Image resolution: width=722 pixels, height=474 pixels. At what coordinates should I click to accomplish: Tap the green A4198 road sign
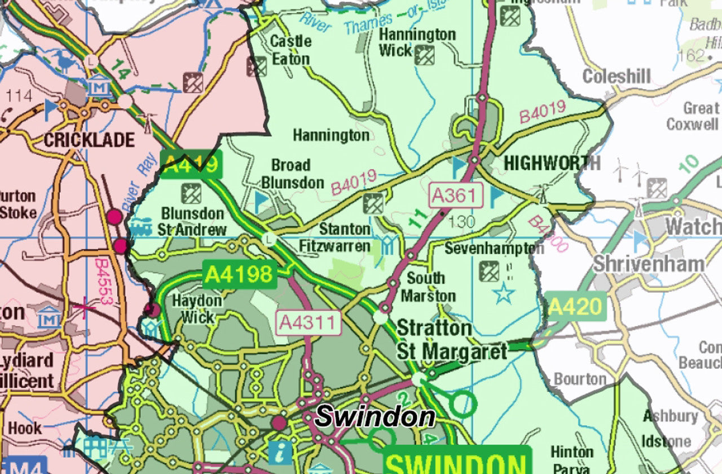240,274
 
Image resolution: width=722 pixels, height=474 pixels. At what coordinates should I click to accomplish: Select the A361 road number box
456,196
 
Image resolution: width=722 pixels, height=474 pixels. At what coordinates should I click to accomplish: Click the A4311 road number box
309,323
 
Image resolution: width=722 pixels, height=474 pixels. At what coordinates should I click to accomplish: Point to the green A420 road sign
576,307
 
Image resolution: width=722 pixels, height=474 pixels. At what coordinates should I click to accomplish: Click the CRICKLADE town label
89,140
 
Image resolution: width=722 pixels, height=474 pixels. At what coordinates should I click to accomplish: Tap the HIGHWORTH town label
552,163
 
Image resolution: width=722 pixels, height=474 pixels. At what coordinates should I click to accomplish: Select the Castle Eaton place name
290,50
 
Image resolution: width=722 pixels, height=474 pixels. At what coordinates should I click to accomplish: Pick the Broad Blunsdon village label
292,174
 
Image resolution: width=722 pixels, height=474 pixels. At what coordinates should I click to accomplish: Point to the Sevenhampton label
494,248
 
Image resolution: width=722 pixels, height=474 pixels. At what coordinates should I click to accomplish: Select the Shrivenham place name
648,264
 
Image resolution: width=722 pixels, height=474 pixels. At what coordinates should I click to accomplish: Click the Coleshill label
617,77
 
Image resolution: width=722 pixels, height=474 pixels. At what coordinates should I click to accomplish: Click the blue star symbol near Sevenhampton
504,294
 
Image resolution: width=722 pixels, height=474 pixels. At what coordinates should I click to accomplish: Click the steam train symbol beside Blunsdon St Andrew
140,227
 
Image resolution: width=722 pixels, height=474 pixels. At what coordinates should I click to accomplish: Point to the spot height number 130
462,222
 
